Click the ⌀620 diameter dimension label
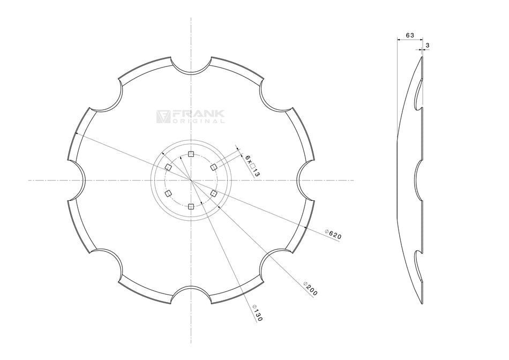tap(333, 234)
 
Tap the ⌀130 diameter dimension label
tap(257, 312)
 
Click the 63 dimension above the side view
tap(410, 35)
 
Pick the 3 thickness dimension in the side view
tap(428, 46)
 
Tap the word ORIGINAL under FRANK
tap(198, 122)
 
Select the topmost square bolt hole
tap(191, 154)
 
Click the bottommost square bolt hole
tap(191, 206)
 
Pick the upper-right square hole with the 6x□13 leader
tap(214, 167)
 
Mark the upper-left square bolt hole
tap(168, 168)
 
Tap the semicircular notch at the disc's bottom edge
tap(191, 294)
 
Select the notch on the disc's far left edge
tap(77, 181)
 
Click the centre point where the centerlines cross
tap(191, 181)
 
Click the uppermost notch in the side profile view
tap(418, 94)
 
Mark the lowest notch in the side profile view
tap(418, 267)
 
